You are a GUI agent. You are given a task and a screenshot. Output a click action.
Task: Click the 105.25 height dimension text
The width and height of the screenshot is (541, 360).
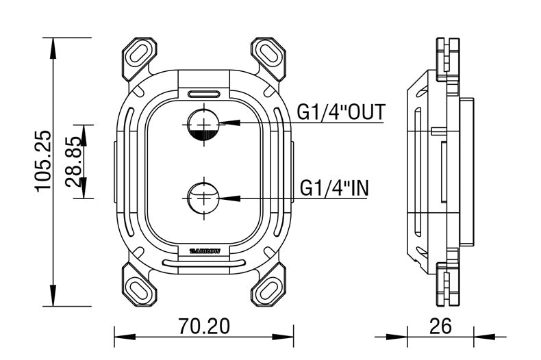(x=42, y=162)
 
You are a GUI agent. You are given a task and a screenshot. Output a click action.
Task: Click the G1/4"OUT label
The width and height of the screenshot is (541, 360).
(x=341, y=112)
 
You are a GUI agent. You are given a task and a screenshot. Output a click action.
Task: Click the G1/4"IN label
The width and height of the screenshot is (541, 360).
(x=334, y=187)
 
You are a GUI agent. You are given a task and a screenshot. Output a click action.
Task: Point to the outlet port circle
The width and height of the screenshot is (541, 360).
(x=204, y=123)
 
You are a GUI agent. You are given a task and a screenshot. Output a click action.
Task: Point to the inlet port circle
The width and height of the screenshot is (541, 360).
(x=204, y=198)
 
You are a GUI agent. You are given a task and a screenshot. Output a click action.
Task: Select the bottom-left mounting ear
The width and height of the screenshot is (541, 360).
(x=140, y=283)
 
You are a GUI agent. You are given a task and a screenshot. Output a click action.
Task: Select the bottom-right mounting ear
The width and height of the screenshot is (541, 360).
(x=268, y=283)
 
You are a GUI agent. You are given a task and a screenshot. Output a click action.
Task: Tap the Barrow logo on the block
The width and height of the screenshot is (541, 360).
(x=204, y=250)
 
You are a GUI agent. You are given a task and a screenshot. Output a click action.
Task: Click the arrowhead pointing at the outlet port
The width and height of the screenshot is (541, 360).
(x=229, y=123)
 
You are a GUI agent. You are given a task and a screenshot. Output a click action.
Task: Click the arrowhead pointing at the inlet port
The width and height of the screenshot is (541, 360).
(x=229, y=198)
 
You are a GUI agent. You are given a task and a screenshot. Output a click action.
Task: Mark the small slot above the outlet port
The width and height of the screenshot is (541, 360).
(x=204, y=93)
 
